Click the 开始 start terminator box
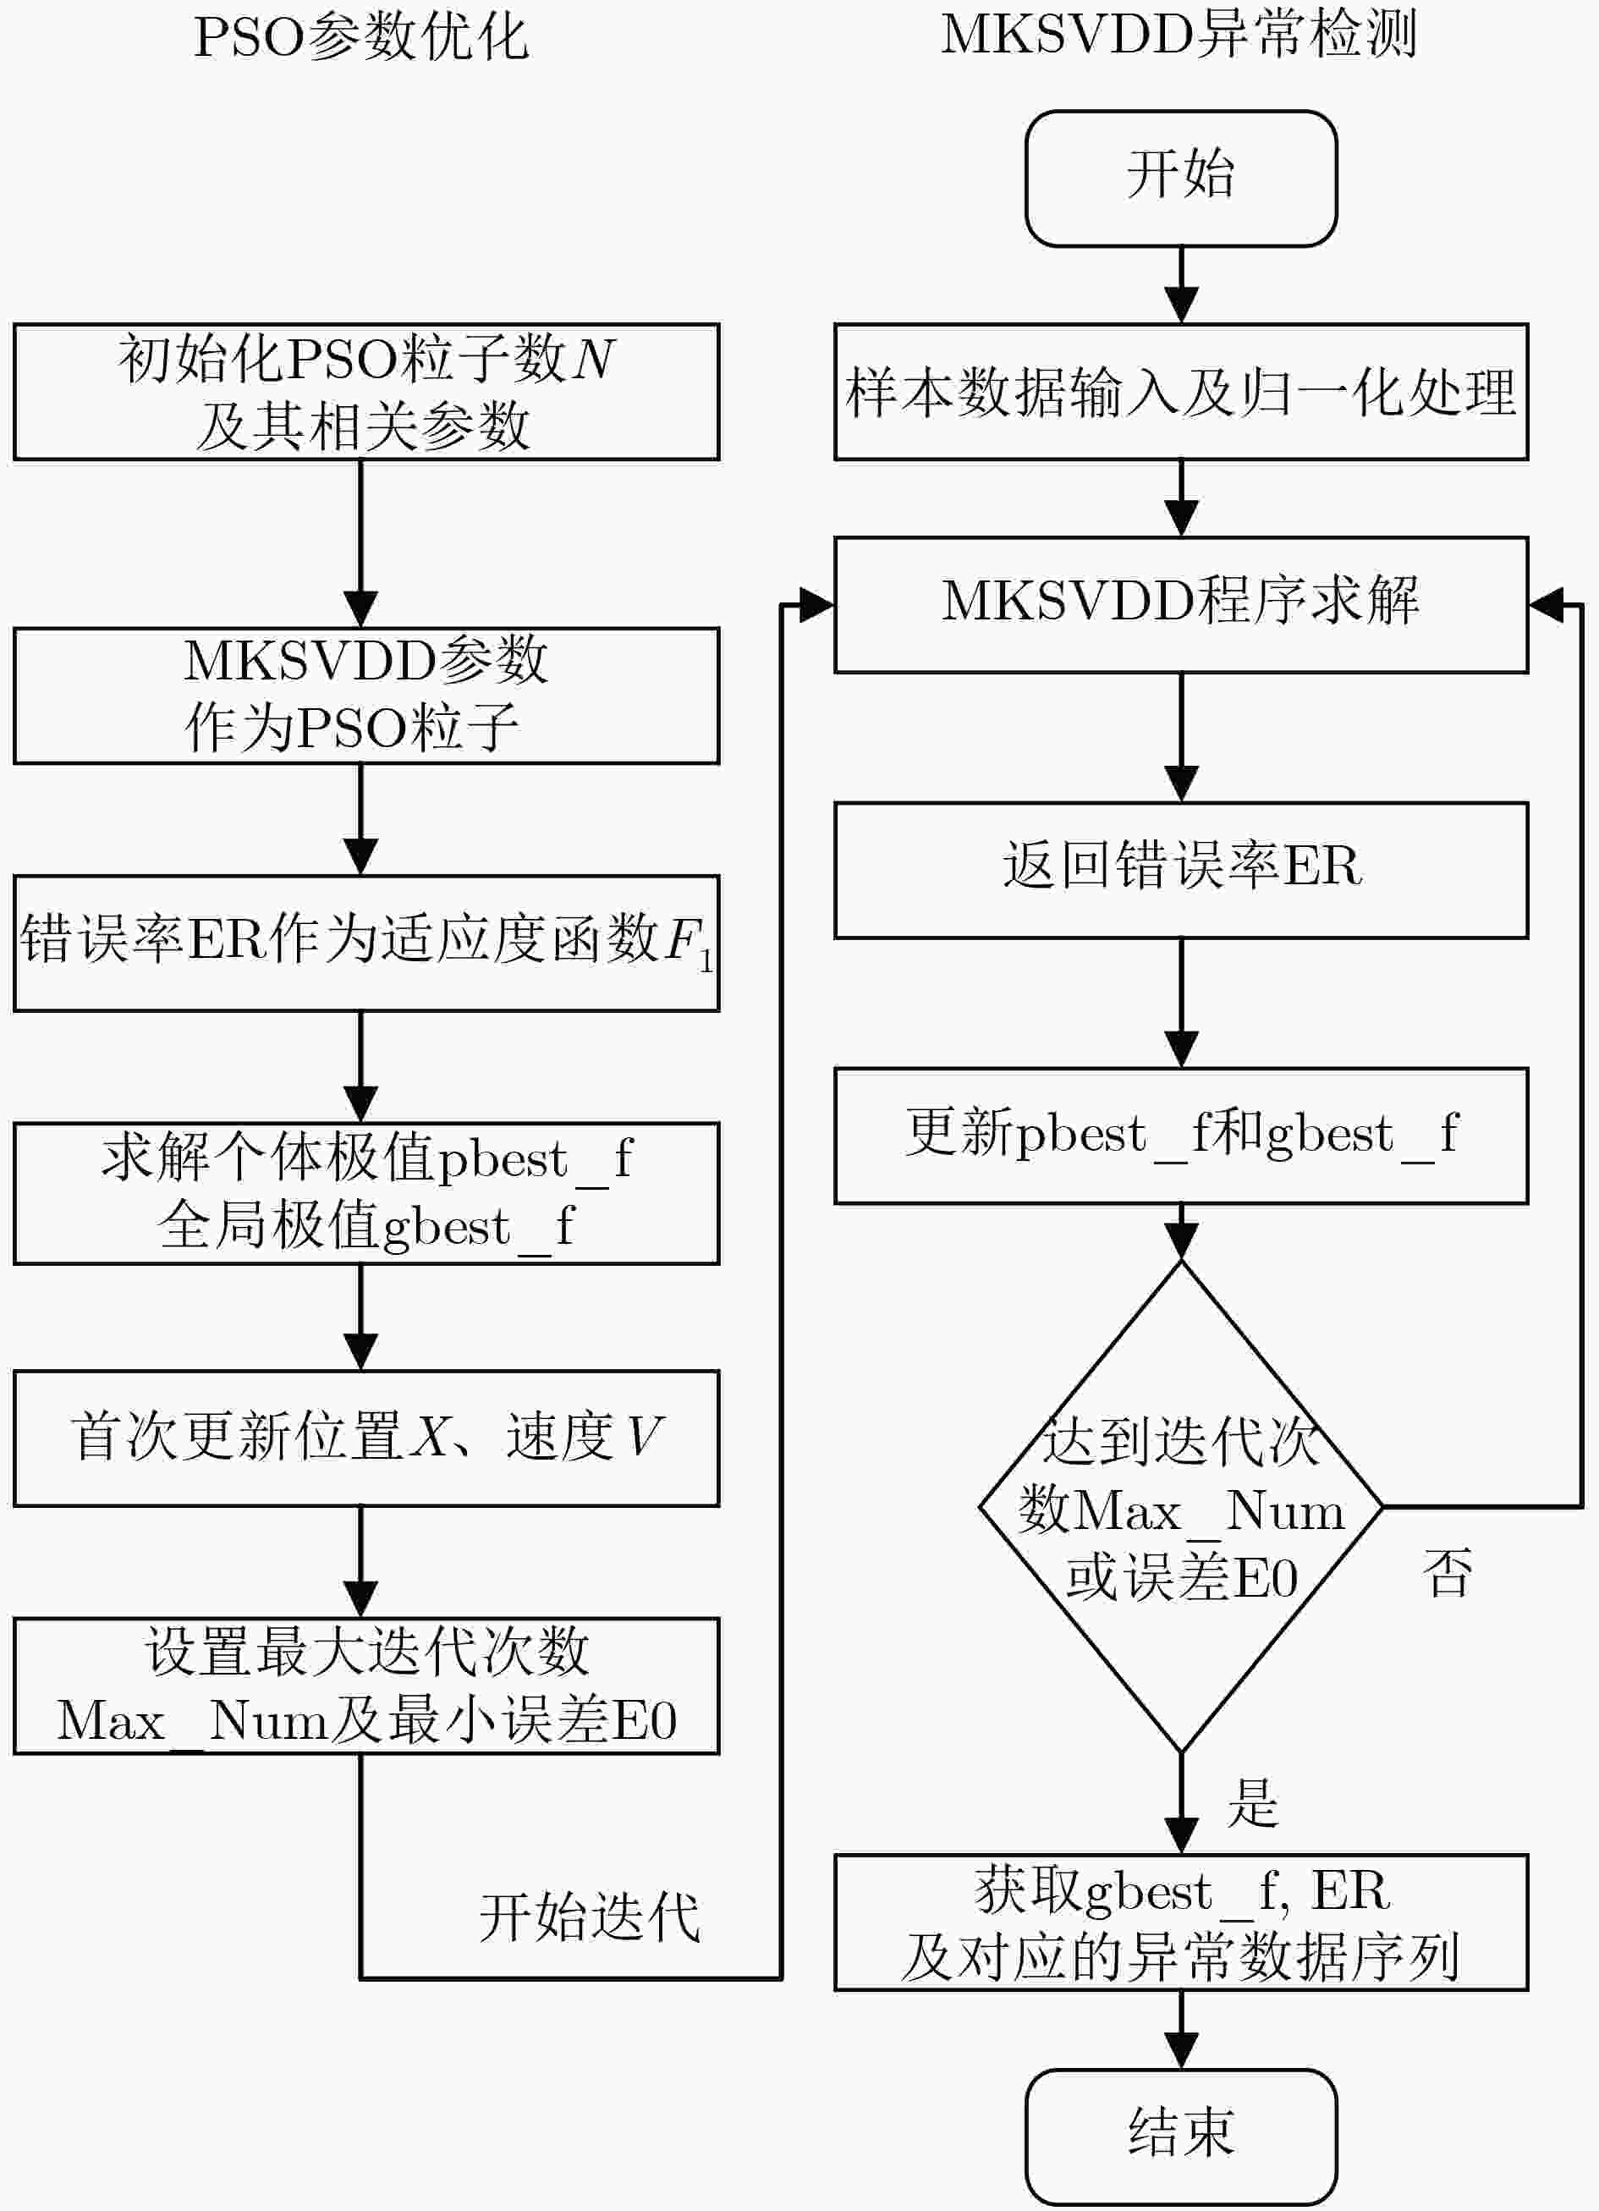[1181, 179]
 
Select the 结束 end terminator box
[1181, 2136]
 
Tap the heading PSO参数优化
[360, 38]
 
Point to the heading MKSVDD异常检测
[1179, 34]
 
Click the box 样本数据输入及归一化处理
[1181, 392]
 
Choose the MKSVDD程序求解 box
[1181, 604]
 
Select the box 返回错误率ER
[1181, 871]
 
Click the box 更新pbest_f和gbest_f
[1181, 1136]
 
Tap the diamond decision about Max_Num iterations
[1181, 1506]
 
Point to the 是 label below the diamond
[1253, 1802]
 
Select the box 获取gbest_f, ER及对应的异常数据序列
[1181, 1922]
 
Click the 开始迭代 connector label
[590, 1917]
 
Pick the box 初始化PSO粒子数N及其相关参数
[366, 392]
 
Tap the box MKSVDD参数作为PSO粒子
[366, 695]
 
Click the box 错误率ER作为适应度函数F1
[366, 943]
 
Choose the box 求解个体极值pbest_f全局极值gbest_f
[366, 1193]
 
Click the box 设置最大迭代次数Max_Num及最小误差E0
[366, 1686]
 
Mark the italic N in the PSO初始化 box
[593, 359]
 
